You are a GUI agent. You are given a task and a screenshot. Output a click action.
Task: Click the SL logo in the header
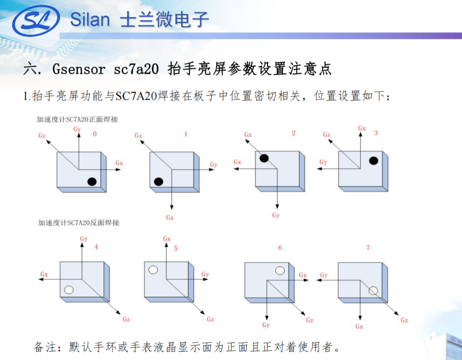[36, 21]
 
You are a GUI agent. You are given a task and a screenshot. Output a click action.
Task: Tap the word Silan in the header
[90, 20]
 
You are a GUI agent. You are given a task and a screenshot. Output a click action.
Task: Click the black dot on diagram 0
[92, 182]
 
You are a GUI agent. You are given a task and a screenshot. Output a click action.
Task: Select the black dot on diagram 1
[159, 182]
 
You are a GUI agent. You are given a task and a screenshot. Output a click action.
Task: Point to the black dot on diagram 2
[264, 158]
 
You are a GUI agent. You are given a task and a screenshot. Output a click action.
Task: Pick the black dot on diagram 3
[373, 161]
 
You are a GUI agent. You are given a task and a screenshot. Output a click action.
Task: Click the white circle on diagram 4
[69, 290]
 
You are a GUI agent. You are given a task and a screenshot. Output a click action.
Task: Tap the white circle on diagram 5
[153, 270]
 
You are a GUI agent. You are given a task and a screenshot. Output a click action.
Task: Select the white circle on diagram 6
[280, 271]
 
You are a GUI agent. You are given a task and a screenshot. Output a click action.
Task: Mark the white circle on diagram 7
[373, 291]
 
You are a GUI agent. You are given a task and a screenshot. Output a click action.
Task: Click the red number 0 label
[95, 134]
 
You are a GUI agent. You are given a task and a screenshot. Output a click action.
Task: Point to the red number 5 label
[175, 249]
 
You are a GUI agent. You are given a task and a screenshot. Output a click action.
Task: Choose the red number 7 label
[368, 248]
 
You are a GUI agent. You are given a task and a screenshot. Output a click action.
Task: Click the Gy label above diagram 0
[77, 129]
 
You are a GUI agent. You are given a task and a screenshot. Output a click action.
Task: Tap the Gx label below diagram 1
[170, 218]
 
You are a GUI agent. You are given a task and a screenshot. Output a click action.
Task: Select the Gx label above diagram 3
[362, 128]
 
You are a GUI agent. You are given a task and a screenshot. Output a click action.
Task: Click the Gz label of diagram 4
[126, 319]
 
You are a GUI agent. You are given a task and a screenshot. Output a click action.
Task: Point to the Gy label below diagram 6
[266, 325]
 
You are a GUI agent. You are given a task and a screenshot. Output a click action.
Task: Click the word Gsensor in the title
[79, 69]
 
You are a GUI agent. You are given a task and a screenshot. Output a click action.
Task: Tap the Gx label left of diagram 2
[237, 162]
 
